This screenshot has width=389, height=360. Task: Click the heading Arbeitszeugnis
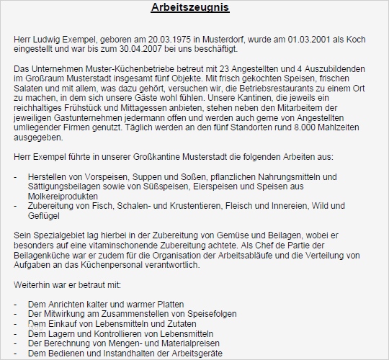pyautogui.click(x=191, y=9)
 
